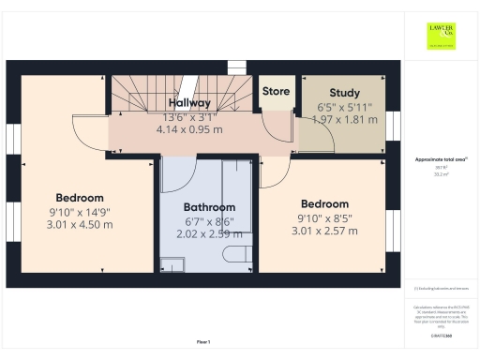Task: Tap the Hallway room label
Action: point(188,102)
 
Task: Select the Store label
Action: point(276,92)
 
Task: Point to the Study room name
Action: point(345,93)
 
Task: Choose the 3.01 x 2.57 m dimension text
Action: point(325,231)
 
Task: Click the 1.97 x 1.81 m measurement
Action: point(346,120)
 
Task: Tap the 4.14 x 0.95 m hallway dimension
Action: point(188,130)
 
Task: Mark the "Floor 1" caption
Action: point(203,342)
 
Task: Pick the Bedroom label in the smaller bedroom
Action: point(325,203)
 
